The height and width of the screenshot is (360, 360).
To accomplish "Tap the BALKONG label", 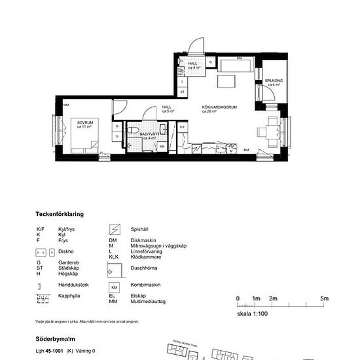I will [x=272, y=82].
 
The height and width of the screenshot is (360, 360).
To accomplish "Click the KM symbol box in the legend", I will [x=115, y=287].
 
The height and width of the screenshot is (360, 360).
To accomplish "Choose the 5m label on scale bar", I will [x=324, y=298].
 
